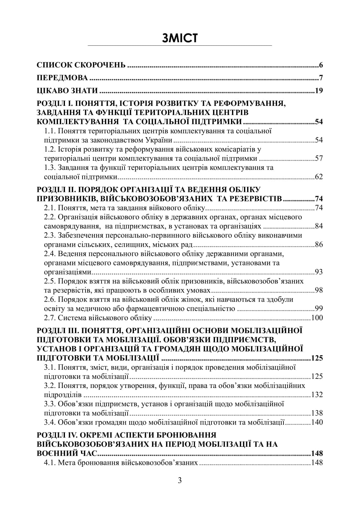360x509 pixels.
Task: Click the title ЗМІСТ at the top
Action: coord(180,38)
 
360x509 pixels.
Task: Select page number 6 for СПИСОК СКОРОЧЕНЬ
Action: coord(321,66)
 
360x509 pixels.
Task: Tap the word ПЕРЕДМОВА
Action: coord(62,78)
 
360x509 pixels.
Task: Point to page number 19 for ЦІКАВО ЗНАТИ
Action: coord(319,91)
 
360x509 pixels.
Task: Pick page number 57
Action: coord(319,158)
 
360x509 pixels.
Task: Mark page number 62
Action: coord(319,176)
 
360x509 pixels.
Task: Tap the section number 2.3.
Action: coord(49,235)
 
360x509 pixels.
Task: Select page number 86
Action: coord(319,244)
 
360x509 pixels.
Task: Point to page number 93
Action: coord(319,272)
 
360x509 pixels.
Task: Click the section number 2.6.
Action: coord(49,299)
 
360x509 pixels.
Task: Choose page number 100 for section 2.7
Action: coord(317,318)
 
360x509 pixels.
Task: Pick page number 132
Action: coord(317,395)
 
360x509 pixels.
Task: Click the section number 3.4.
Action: coord(49,422)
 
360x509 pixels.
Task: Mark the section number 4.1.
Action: coord(49,463)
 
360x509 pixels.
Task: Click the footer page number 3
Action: coord(180,481)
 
